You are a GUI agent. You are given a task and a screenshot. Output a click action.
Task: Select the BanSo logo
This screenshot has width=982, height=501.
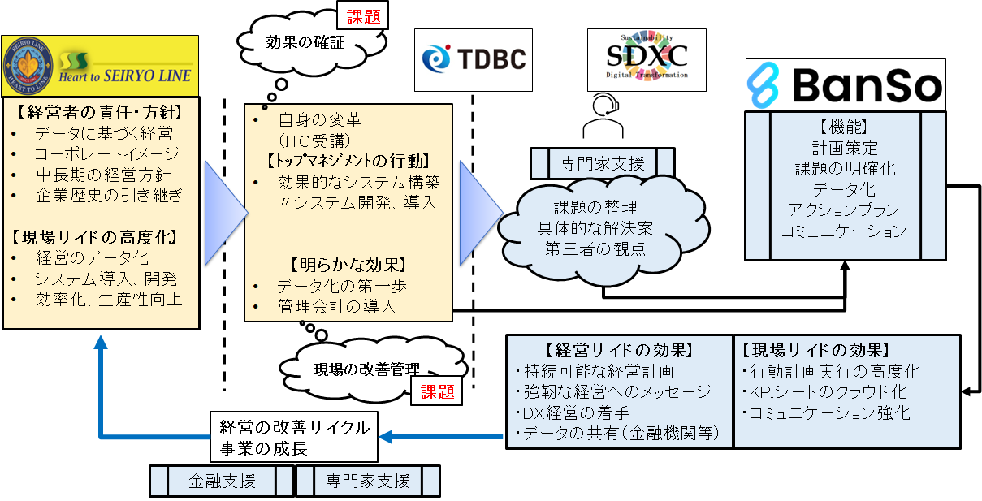(846, 84)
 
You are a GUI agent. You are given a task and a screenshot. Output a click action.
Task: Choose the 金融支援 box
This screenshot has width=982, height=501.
(222, 480)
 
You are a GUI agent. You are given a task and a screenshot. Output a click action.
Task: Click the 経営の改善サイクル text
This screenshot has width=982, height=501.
(295, 426)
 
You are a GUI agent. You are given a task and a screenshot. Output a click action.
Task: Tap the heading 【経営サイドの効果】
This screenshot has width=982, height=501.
(619, 351)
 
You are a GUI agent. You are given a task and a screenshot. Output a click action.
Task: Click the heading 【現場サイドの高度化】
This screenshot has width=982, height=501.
(96, 238)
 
